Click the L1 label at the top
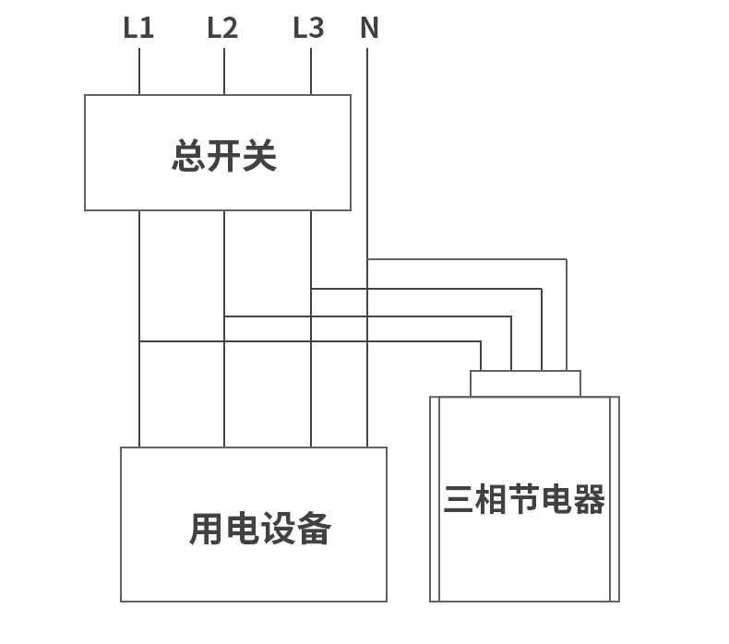click(x=138, y=29)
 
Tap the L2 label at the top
click(x=222, y=29)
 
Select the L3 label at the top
click(x=309, y=29)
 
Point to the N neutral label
click(x=369, y=29)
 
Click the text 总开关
click(x=224, y=156)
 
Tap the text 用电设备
click(x=260, y=529)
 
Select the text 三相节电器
click(x=524, y=499)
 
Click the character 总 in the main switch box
click(x=189, y=156)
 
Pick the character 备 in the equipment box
click(x=314, y=529)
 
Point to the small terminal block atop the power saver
click(x=525, y=383)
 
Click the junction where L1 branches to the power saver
click(x=139, y=341)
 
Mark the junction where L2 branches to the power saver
click(x=224, y=316)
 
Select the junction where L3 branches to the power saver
click(x=311, y=289)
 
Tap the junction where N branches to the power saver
click(x=367, y=260)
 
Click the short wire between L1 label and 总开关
click(x=139, y=72)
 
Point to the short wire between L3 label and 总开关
click(x=311, y=72)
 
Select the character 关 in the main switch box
click(x=259, y=156)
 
